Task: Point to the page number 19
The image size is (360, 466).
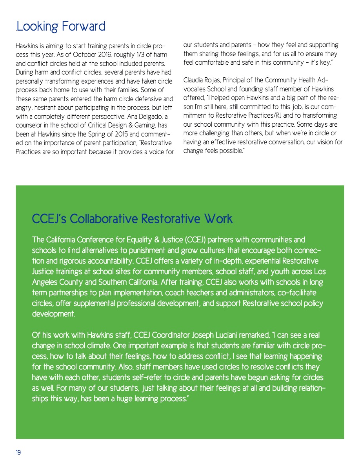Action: [18, 453]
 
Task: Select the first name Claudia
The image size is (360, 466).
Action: [194, 80]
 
